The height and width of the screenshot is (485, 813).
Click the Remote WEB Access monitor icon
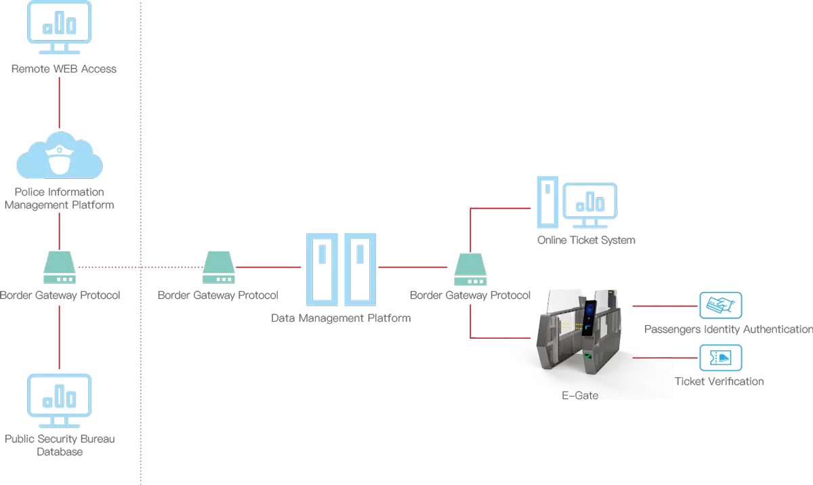[59, 27]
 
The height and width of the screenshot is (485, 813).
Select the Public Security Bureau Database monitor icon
[59, 400]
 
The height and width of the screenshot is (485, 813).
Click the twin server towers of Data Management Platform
[341, 269]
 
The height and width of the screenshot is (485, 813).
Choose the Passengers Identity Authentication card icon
[721, 306]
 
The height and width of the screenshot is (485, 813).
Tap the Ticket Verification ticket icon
[720, 358]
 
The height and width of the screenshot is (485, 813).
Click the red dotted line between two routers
[140, 268]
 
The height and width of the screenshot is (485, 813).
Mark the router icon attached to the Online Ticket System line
[470, 269]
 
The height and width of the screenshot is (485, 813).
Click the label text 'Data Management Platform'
[341, 318]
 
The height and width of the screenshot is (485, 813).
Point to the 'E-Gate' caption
[580, 394]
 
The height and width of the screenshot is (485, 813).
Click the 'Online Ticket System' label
[586, 240]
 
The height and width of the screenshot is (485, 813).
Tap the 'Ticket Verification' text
[719, 381]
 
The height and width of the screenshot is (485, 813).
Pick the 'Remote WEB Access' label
[64, 68]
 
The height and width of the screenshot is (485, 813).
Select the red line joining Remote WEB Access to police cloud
[60, 102]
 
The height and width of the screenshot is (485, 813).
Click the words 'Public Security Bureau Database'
[60, 445]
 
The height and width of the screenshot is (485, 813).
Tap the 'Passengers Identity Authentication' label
[728, 329]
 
